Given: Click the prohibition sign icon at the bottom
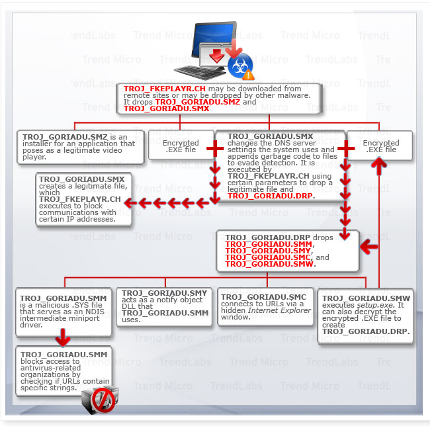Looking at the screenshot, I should pos(104,400).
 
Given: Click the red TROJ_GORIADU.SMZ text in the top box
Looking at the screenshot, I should pos(202,103).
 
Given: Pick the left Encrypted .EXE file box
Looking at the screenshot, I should pos(181,146).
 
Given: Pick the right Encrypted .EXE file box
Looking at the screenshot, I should pos(380,146).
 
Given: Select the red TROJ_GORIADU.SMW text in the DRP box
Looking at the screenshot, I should pos(269,264).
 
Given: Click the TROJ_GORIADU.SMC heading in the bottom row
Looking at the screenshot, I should pos(263,296).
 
